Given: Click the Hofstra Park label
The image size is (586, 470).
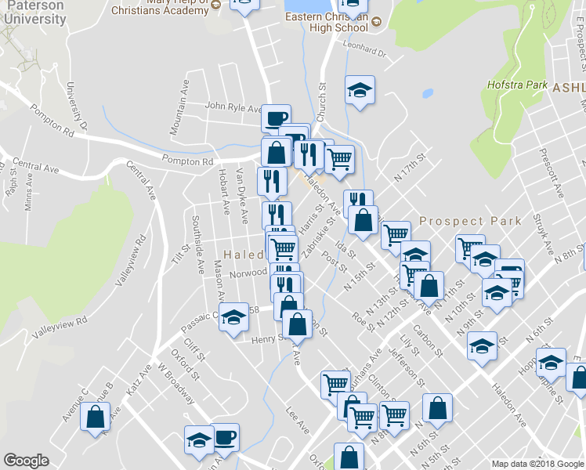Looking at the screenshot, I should coord(517,85).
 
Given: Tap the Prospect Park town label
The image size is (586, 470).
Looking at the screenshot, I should coord(470,221).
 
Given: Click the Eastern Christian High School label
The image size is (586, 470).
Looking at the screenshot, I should coord(327,22).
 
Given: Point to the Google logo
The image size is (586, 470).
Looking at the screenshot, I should coord(26,461).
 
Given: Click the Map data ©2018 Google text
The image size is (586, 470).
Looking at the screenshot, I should coord(537,464).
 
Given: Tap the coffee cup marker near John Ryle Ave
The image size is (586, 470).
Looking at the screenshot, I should coord(275,118).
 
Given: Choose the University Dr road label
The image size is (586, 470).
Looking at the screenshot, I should coord(78,107).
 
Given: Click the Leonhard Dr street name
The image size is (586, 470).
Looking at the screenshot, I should coord(365,53).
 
